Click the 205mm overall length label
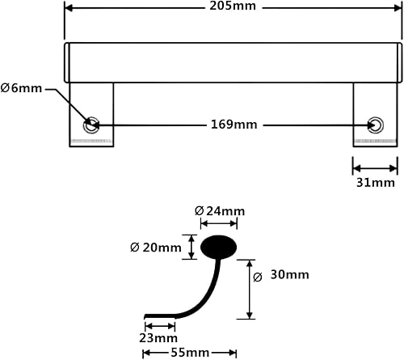pos(234,8)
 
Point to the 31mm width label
pos(377,183)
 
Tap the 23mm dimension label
pos(158,337)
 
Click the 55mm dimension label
pos(189,354)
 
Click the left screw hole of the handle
pos(91,124)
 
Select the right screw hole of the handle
pos(375,124)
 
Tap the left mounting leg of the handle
pos(91,113)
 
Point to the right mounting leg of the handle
pos(376,113)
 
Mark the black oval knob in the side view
pos(218,245)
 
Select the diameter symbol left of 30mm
pos(258,277)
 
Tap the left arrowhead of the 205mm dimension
pos(68,8)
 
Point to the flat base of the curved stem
pos(158,316)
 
